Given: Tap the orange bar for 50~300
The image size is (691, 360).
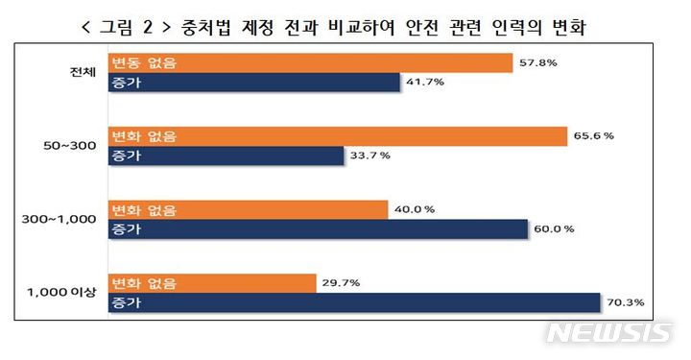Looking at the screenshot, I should [x=337, y=136].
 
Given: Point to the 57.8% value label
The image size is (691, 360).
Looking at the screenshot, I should [x=536, y=63].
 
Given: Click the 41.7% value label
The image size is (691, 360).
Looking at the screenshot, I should [x=425, y=83].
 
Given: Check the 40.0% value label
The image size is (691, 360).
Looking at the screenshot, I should [x=415, y=210].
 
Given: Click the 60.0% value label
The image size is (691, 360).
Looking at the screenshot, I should [x=554, y=229].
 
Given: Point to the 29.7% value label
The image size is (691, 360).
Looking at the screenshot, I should [x=343, y=283].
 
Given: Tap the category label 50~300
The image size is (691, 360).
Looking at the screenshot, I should [x=69, y=146].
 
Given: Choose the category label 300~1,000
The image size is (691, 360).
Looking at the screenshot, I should [x=60, y=220].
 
